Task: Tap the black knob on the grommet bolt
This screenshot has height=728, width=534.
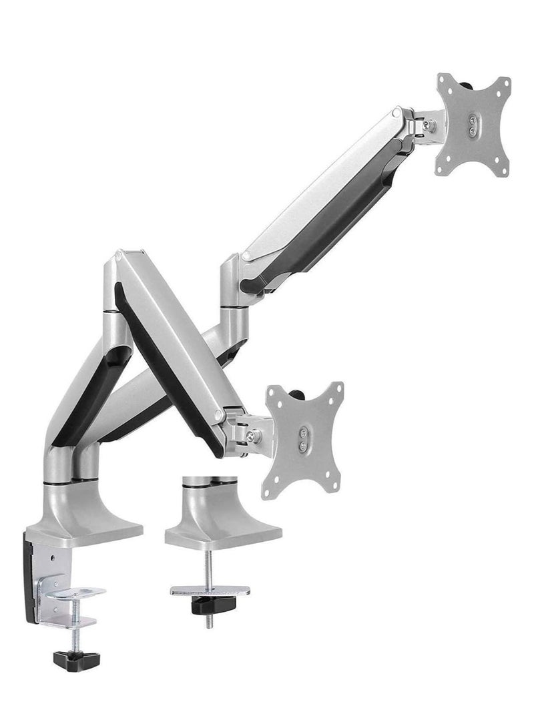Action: click(x=209, y=607)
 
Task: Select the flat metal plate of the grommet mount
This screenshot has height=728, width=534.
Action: click(x=210, y=591)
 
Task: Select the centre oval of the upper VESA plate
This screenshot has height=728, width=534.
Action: click(x=474, y=127)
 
